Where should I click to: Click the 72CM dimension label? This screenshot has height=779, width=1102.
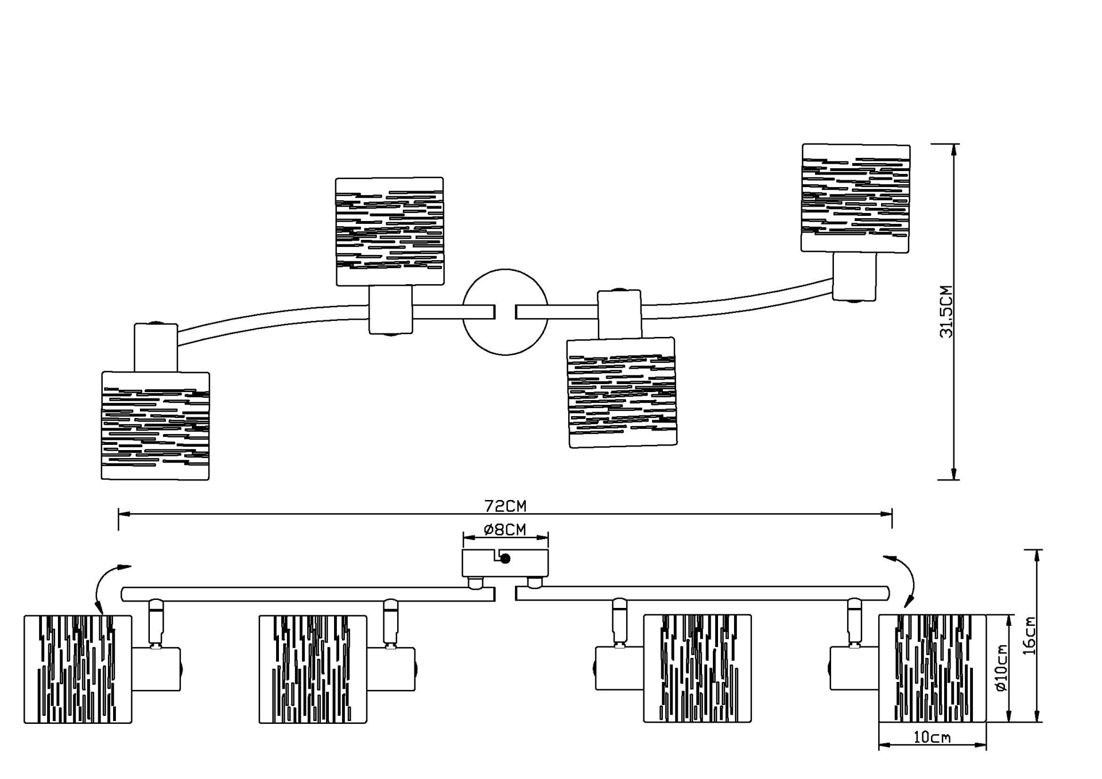tap(505, 506)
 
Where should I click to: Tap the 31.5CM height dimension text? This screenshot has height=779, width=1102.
tap(946, 311)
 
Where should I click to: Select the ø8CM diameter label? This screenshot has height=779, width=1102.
tap(505, 529)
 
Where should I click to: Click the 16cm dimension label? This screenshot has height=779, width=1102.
tap(1030, 635)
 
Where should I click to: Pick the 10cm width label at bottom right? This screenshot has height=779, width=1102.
tap(932, 737)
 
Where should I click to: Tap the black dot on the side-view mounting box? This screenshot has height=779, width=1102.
tap(506, 559)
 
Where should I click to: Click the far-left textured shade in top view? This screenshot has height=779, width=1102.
tap(156, 425)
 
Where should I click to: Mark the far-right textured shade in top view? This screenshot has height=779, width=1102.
tap(855, 198)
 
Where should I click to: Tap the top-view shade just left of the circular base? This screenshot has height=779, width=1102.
tap(390, 231)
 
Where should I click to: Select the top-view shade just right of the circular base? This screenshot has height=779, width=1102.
tap(622, 393)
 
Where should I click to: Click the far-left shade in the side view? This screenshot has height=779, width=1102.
tap(78, 669)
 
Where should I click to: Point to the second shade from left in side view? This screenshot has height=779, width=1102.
tap(313, 669)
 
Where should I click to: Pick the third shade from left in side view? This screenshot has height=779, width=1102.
tap(697, 668)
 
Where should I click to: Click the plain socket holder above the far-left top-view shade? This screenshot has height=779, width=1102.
tap(156, 348)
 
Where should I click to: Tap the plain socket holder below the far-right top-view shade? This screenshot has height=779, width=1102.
tap(855, 277)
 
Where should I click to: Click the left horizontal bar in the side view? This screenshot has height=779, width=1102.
tap(308, 594)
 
